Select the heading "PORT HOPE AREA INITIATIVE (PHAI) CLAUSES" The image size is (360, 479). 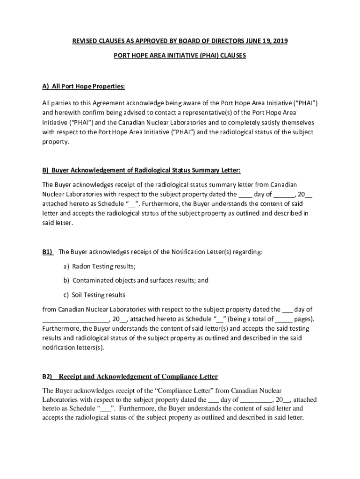coord(180,55)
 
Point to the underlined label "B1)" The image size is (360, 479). coord(48,252)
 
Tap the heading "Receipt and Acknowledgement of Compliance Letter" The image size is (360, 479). coord(138,377)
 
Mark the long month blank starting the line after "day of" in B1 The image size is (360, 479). coord(75,319)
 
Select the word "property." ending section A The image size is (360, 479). coord(55,142)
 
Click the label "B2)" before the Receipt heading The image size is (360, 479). coord(47,377)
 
